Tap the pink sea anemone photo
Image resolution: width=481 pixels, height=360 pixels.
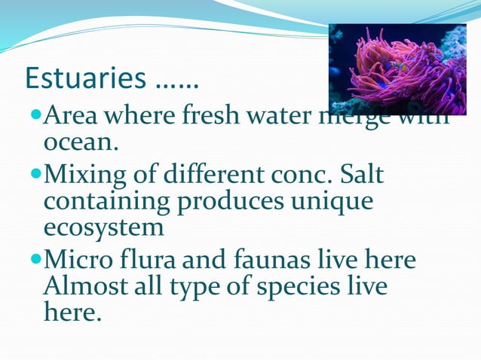(x=397, y=69)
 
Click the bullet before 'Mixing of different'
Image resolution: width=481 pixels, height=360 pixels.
(x=38, y=175)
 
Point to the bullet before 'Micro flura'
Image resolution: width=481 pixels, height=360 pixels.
(x=38, y=261)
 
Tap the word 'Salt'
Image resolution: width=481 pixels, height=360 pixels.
(x=359, y=175)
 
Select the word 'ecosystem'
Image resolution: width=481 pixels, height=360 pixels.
(x=103, y=227)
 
